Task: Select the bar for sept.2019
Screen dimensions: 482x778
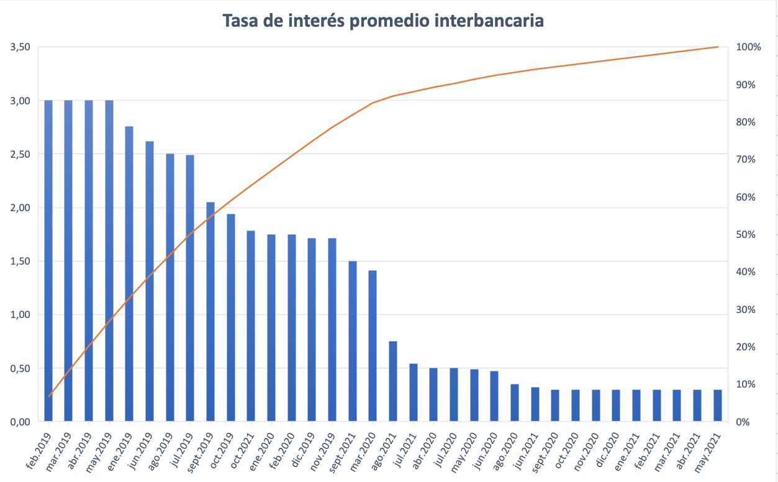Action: tap(210, 311)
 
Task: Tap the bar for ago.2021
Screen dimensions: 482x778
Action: tap(392, 381)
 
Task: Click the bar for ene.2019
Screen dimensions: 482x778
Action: tap(129, 273)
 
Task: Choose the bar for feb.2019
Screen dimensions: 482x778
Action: tap(48, 261)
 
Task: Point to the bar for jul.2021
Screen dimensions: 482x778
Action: tap(413, 393)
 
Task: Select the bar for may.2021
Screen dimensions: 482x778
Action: tap(717, 406)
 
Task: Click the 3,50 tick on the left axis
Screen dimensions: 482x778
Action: tap(20, 47)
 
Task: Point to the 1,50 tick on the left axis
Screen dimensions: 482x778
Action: tap(20, 261)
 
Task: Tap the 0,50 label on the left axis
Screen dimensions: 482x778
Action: tap(20, 368)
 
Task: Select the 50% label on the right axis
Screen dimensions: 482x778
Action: tap(745, 235)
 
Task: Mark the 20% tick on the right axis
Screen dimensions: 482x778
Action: tap(745, 347)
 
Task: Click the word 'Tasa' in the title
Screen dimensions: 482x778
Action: tap(242, 20)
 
